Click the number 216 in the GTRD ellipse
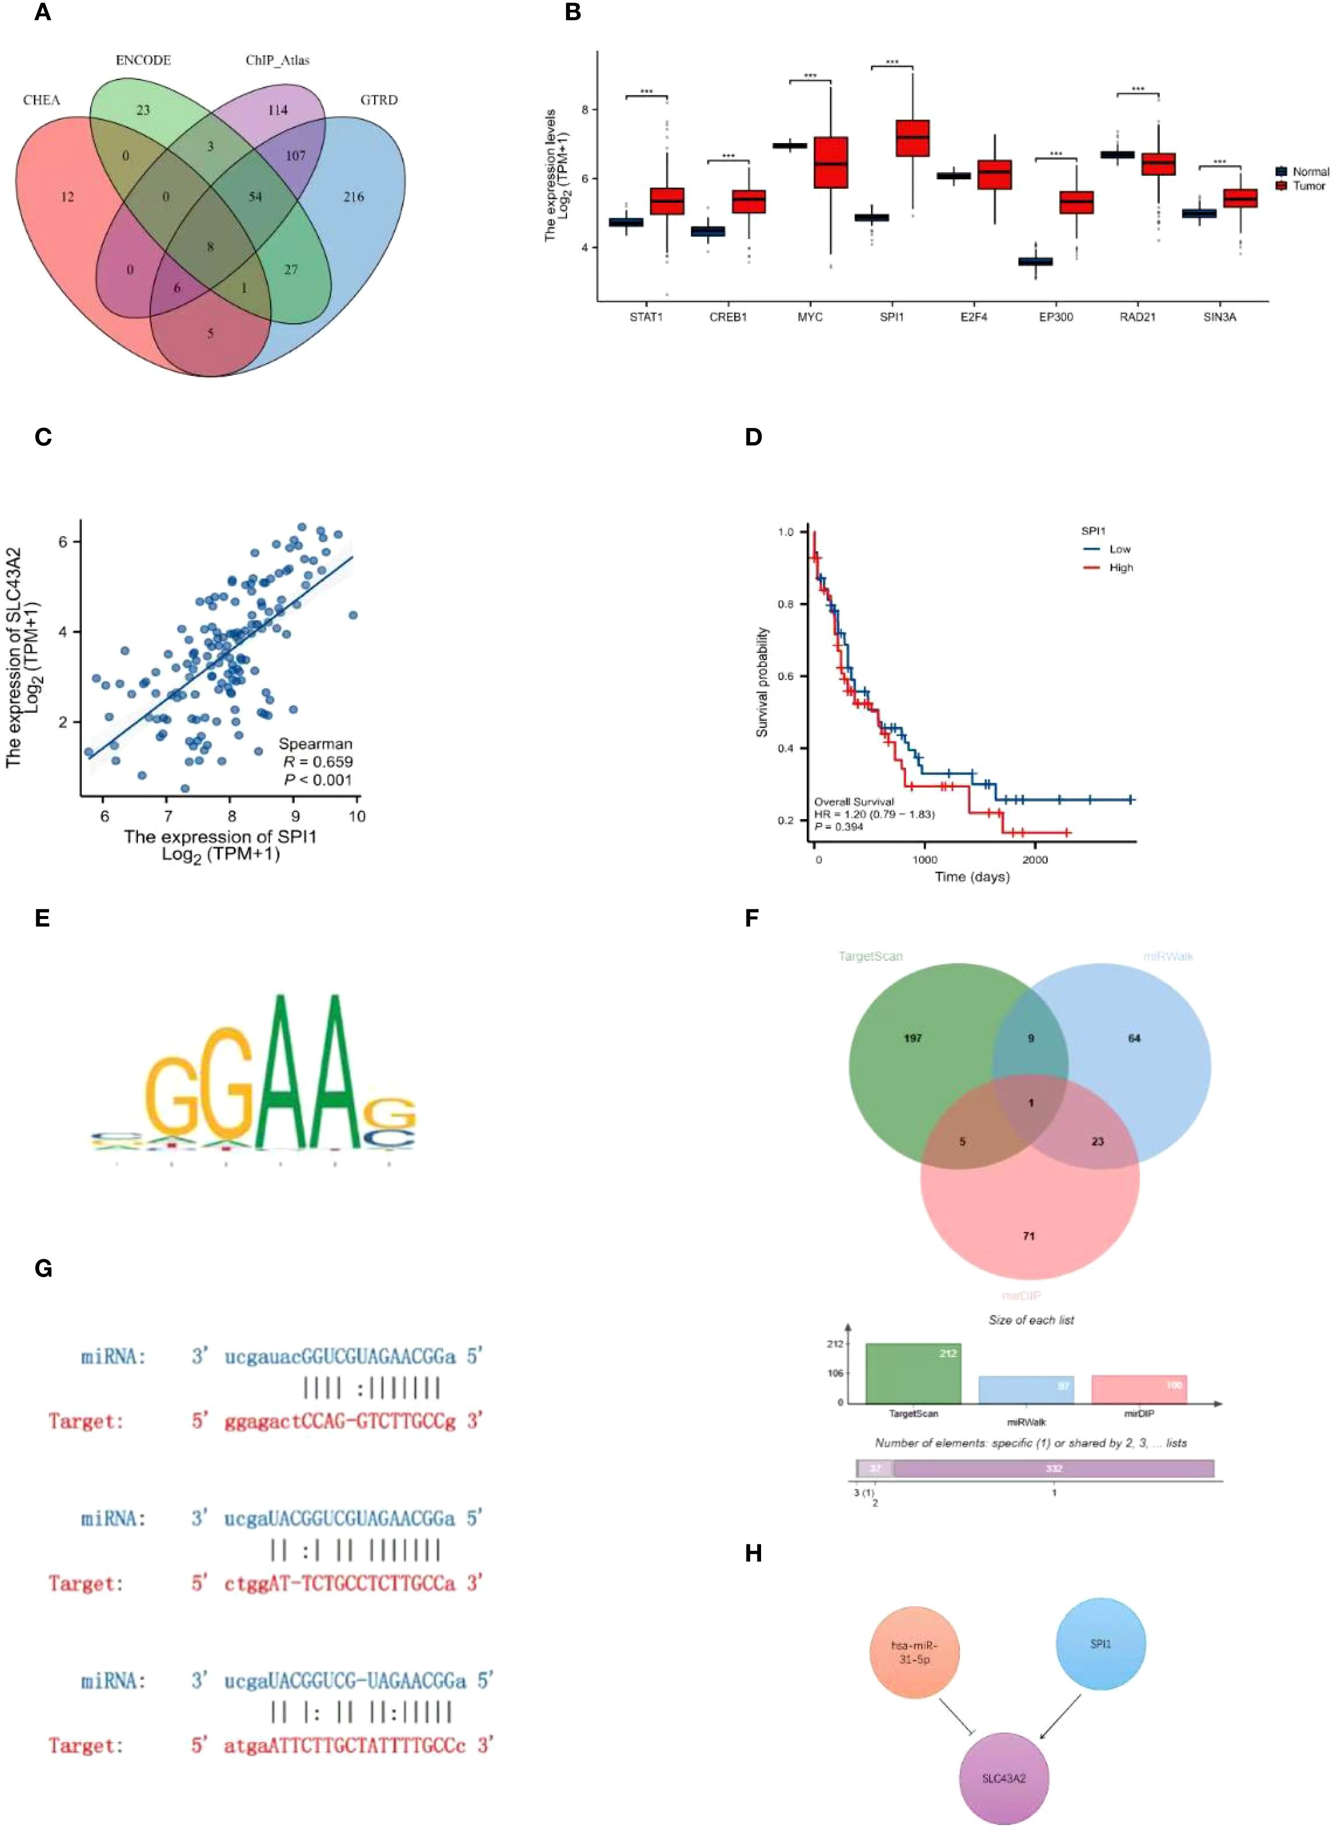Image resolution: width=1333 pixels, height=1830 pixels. [353, 197]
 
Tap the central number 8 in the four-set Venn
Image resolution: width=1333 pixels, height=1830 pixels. [211, 247]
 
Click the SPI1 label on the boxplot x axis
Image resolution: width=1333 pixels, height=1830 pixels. [892, 317]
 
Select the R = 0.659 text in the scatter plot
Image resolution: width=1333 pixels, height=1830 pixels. [317, 761]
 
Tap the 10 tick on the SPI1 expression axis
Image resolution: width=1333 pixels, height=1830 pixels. [356, 816]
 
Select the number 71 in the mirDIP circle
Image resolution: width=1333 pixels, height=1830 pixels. [1028, 1236]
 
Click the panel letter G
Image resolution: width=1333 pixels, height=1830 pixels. [44, 1269]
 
